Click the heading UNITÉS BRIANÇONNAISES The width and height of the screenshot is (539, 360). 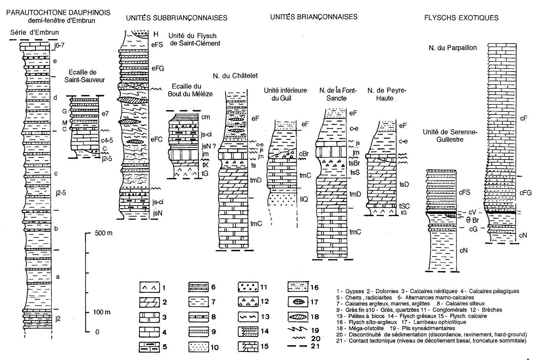[314, 17]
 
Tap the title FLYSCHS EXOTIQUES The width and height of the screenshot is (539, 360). [461, 18]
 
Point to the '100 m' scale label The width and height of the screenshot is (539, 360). [102, 312]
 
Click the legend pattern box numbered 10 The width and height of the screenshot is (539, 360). [198, 346]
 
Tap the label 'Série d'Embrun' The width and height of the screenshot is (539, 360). [34, 33]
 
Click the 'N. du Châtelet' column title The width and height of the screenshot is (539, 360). [235, 76]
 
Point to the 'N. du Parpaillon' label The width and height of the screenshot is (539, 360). [453, 48]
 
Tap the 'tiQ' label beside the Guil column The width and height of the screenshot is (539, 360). [303, 199]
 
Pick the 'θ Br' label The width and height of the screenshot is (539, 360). [472, 220]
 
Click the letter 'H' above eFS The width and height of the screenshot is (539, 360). [155, 34]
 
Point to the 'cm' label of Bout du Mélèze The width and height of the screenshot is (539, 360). [206, 117]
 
